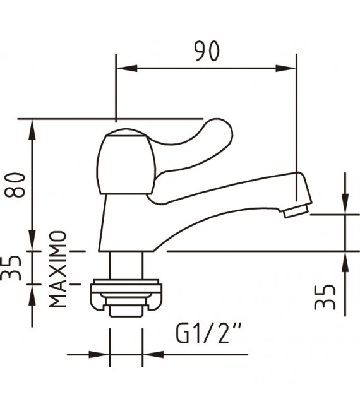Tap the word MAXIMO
pos(59,269)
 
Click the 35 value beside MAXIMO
pos(15,266)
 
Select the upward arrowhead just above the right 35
pos(345,259)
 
